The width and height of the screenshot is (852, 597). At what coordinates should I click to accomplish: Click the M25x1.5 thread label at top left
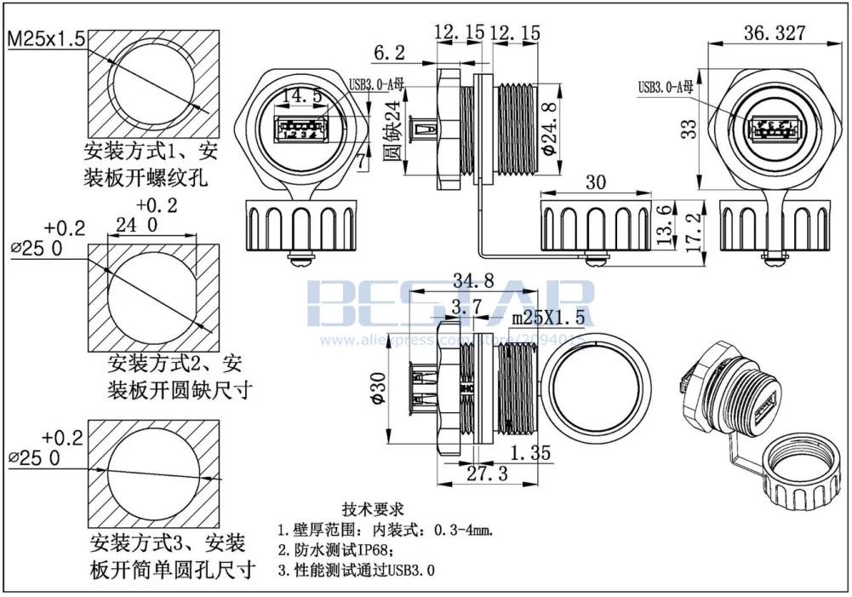[46, 39]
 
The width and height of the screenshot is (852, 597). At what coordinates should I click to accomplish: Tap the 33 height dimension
[689, 128]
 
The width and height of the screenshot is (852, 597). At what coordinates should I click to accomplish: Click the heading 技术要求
[371, 509]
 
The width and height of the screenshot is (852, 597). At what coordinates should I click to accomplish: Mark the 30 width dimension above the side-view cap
[595, 181]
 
